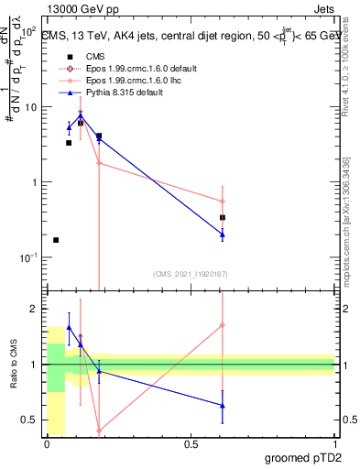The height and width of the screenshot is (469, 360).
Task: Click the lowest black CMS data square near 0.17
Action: coord(56,240)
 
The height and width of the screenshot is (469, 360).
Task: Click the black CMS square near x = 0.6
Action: coord(223,218)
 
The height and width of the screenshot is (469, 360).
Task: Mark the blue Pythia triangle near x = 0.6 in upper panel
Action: coord(223,234)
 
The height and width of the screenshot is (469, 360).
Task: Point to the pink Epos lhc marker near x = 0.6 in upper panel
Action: coord(223,202)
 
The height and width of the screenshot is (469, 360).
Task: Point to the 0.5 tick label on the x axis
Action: coord(191,443)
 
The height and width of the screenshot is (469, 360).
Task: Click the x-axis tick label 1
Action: coord(334,443)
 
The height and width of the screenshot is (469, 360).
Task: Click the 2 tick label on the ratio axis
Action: coord(34,309)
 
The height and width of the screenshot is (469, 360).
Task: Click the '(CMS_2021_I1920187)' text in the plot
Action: coord(190,273)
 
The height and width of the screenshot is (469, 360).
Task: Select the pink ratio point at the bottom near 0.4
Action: coord(99,431)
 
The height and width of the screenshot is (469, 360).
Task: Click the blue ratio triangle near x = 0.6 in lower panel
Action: coord(223,406)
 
